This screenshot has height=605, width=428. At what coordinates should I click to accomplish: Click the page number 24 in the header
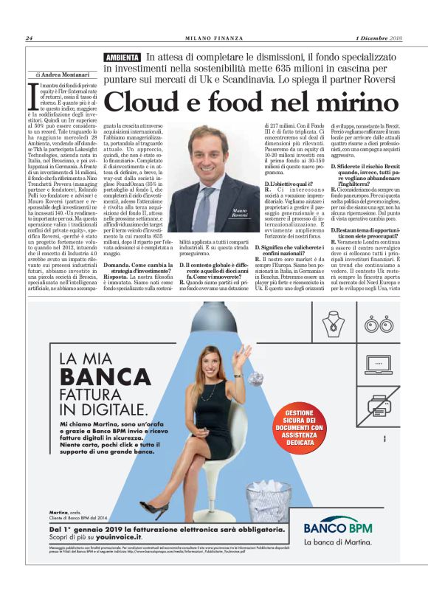tap(29, 38)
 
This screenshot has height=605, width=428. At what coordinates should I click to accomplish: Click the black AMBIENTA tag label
tap(122, 58)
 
